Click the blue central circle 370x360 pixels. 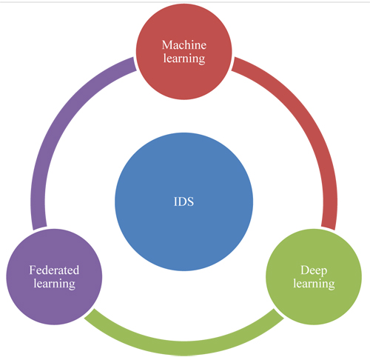184,201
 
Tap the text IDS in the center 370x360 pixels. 184,201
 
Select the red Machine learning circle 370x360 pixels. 184,52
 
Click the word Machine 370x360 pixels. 184,45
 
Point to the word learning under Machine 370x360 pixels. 184,59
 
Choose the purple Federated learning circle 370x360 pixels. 54,277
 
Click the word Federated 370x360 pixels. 54,270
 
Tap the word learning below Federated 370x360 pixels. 54,284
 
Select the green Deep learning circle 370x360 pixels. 314,277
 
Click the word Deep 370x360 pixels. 314,270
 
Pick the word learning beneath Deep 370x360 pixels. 314,284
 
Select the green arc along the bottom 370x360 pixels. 184,348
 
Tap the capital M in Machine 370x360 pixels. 167,45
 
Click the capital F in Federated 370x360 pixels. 33,270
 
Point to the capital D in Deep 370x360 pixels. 305,270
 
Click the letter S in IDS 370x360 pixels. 191,201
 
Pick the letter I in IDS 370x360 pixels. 175,201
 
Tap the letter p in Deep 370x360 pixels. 324,272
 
